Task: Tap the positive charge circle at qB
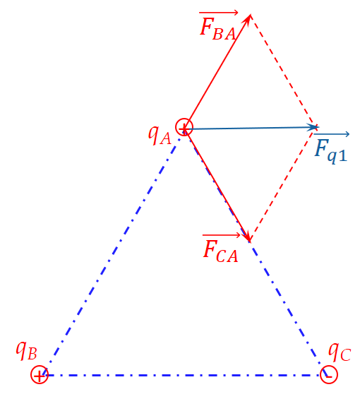(40, 367)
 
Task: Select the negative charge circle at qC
(329, 367)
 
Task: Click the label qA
(160, 135)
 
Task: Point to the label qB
(26, 350)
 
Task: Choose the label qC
(340, 352)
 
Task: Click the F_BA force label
(217, 29)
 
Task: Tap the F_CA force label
(220, 251)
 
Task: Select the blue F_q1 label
(331, 152)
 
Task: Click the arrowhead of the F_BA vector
(249, 18)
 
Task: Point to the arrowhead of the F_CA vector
(248, 238)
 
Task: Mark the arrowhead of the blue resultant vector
(313, 127)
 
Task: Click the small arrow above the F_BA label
(219, 12)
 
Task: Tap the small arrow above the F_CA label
(222, 235)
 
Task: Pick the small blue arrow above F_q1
(332, 134)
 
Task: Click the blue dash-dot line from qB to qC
(184, 375)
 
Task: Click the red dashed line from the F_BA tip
(284, 71)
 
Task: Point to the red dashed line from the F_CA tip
(284, 184)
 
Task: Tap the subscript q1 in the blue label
(337, 156)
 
